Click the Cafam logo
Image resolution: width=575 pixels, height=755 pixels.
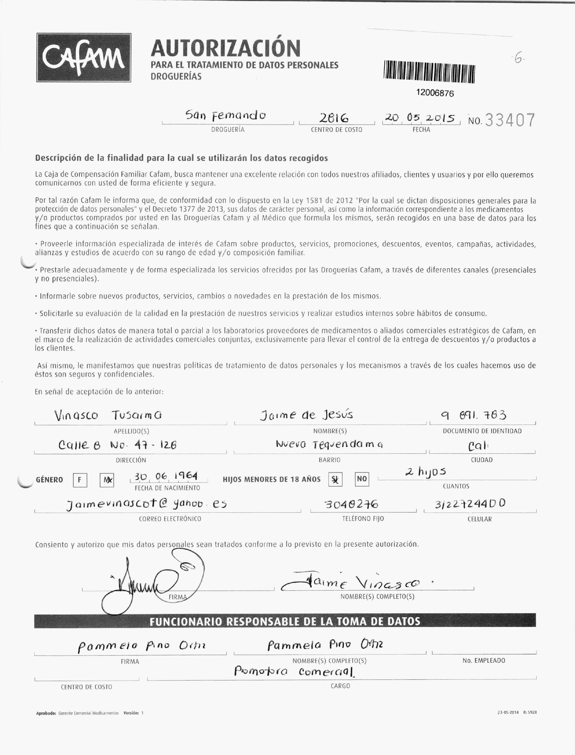(x=84, y=58)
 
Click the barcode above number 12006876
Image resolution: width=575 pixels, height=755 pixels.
(x=429, y=72)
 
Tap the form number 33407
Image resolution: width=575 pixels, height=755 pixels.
(x=510, y=120)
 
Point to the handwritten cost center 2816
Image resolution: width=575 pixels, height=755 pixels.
(x=334, y=118)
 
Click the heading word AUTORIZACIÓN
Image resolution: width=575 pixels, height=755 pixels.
(x=226, y=48)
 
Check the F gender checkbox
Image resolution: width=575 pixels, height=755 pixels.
(x=80, y=480)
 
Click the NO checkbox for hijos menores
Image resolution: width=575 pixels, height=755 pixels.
(x=362, y=479)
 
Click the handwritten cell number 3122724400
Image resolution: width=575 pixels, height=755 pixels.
(x=470, y=504)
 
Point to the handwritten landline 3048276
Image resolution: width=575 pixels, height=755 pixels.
(x=351, y=504)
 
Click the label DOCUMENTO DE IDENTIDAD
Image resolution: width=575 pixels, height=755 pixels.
(x=482, y=431)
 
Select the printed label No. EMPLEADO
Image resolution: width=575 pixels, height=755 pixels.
(x=484, y=661)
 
